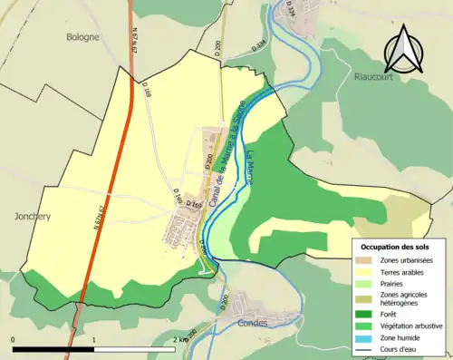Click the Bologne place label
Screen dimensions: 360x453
click(x=82, y=37)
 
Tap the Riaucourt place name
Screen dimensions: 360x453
click(x=371, y=78)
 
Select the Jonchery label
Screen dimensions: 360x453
click(x=33, y=217)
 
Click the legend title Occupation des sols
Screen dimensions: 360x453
click(x=397, y=247)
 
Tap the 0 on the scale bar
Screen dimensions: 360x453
click(x=13, y=339)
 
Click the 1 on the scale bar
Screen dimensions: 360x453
click(x=94, y=339)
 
